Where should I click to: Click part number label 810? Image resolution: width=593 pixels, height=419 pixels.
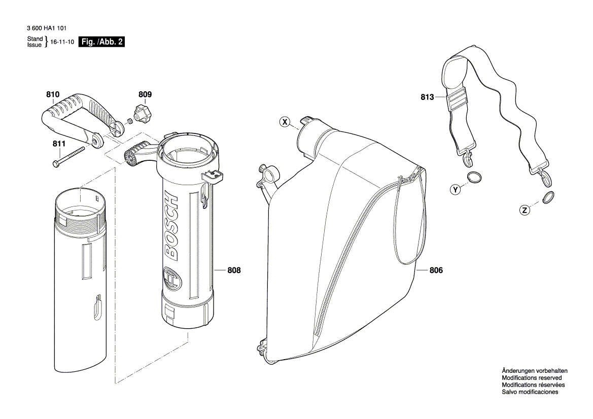click(x=53, y=95)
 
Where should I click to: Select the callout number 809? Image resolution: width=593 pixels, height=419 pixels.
click(x=145, y=95)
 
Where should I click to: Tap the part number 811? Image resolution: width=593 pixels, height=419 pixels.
click(x=59, y=144)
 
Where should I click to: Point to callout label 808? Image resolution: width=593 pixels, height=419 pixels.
click(x=234, y=270)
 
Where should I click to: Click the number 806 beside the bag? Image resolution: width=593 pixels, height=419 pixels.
click(x=436, y=270)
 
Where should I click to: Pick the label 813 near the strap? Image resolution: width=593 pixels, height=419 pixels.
click(x=427, y=97)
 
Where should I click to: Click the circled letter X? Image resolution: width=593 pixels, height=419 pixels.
click(x=285, y=122)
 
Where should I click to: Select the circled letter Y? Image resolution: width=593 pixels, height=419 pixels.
click(x=456, y=190)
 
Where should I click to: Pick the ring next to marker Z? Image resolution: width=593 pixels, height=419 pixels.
click(x=548, y=197)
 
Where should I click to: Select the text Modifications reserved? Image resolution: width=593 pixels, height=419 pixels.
click(x=531, y=378)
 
